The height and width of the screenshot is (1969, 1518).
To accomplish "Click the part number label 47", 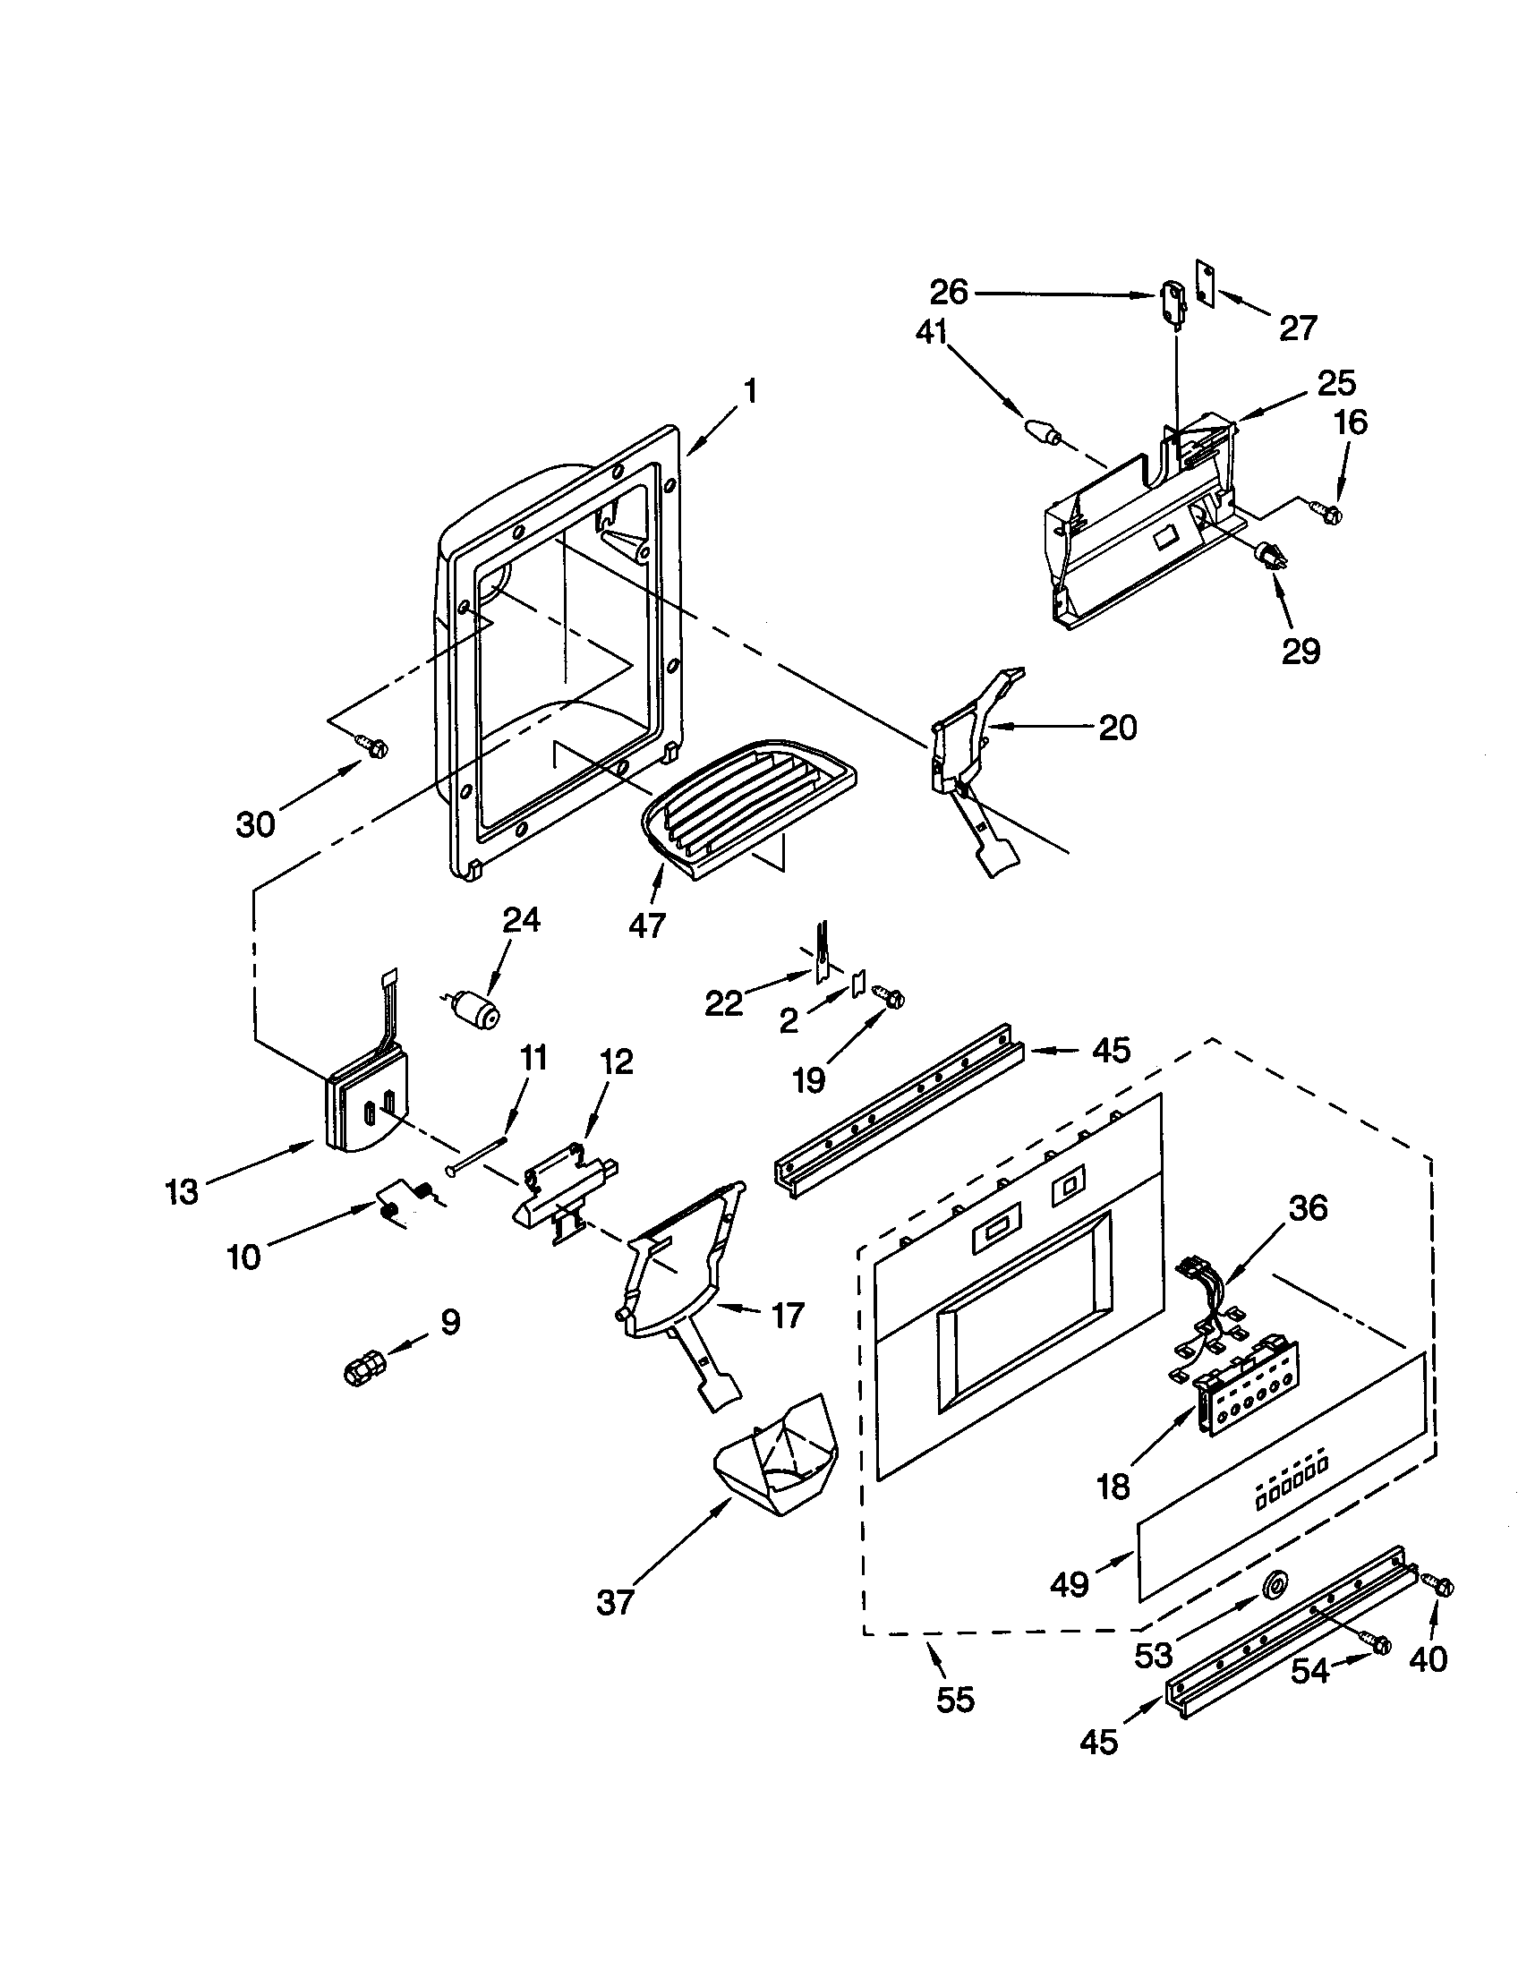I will (646, 925).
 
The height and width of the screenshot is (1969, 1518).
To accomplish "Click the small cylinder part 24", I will (476, 1010).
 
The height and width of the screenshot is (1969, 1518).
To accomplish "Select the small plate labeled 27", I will (1203, 280).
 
